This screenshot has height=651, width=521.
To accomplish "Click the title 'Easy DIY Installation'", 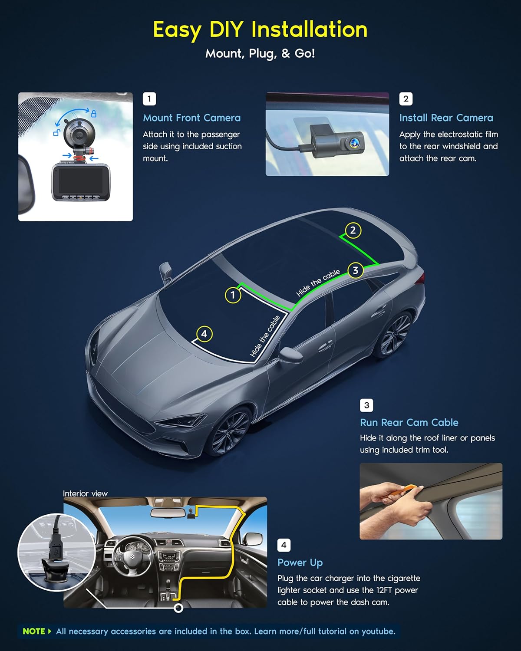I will click(260, 30).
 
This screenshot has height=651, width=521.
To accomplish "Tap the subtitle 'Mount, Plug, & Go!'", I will click(260, 53).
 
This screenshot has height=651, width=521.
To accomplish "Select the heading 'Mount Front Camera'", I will click(191, 118).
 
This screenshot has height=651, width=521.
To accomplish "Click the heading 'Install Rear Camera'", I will click(446, 118).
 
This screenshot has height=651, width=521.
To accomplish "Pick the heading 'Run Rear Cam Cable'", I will click(409, 422).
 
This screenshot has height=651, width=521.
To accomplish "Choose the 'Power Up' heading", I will click(300, 562).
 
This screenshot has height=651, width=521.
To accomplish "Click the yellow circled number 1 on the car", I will click(233, 295).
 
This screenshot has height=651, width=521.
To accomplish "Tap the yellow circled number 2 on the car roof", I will click(353, 230).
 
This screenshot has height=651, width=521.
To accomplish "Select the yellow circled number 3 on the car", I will click(355, 270).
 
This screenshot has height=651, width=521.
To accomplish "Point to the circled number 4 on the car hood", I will click(204, 334).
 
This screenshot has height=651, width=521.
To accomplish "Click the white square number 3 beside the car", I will click(366, 405).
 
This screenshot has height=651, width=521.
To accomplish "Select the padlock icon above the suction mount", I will click(93, 114).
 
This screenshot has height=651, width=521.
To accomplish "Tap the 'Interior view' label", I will click(85, 493).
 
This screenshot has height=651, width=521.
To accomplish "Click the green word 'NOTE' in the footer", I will click(34, 631).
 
